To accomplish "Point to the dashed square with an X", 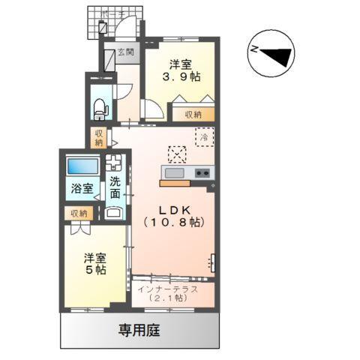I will point(177,154).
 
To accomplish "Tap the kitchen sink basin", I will point(173,174).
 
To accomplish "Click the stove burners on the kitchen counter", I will point(202,174).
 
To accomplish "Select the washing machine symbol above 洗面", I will point(115,162).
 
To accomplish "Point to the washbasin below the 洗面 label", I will point(115,212).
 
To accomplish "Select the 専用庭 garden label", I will point(139,329).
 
